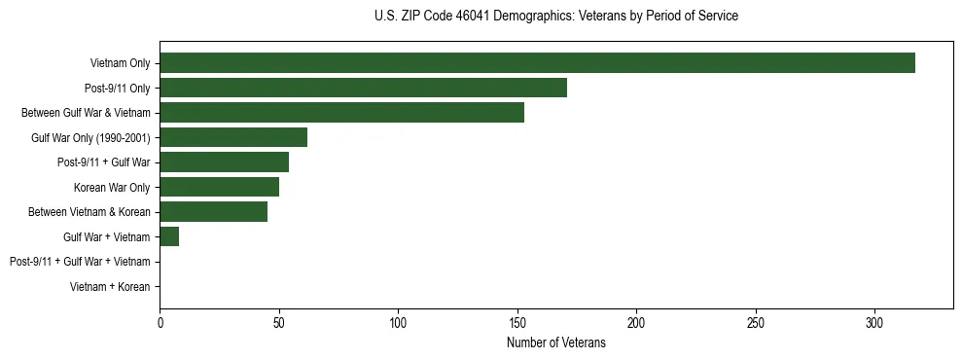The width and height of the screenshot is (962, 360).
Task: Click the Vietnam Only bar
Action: point(537,63)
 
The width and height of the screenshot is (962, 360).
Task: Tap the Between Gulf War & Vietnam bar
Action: point(341,113)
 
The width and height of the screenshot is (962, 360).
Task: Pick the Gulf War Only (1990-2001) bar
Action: point(233,137)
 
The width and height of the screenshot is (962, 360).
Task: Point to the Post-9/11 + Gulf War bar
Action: point(224,162)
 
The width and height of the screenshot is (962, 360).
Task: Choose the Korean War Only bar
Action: point(219,187)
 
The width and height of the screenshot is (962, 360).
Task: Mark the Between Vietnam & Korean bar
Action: point(213,212)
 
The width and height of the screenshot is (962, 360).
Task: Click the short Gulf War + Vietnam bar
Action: point(169,236)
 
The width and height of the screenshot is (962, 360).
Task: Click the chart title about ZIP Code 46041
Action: point(556,17)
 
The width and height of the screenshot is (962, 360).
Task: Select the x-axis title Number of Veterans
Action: point(556,343)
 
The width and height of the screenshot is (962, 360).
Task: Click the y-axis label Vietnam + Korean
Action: point(110,287)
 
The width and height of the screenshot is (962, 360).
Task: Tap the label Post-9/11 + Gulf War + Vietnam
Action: point(80,262)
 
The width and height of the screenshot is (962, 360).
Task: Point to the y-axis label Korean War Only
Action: point(112,187)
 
